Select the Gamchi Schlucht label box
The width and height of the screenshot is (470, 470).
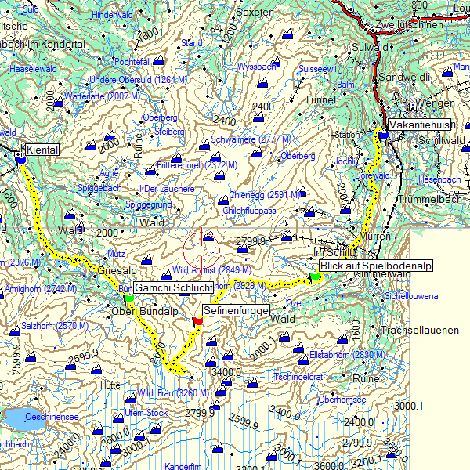(173, 288)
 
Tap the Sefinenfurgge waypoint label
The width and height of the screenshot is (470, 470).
(236, 311)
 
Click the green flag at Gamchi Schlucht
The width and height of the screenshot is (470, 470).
(129, 297)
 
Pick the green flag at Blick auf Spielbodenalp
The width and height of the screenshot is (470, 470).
(314, 275)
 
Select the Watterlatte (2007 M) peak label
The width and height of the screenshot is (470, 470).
(102, 96)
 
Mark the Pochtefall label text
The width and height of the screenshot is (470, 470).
(132, 61)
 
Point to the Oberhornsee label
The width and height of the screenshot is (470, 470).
(342, 399)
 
